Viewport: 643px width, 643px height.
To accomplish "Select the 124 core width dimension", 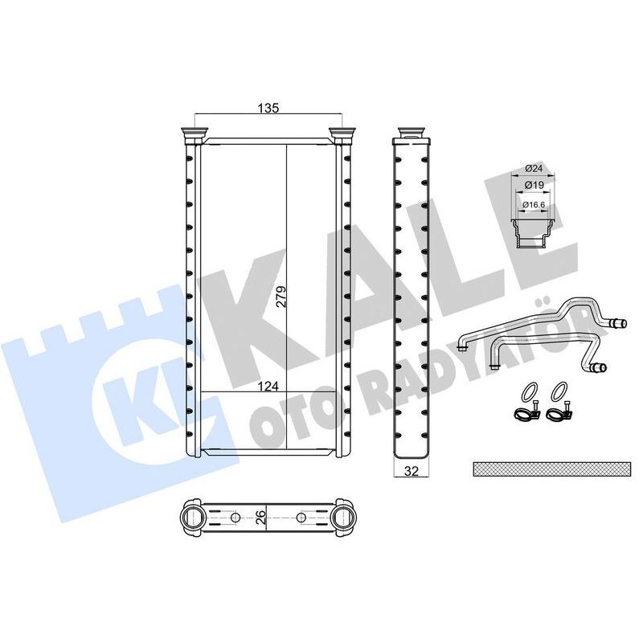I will [268, 387].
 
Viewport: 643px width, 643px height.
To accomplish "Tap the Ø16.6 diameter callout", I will [533, 205].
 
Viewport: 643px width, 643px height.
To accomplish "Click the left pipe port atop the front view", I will [195, 133].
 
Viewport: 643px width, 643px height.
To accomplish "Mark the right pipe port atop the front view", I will [342, 133].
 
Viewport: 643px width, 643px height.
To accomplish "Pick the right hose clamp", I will [556, 416].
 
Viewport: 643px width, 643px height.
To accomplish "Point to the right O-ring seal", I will [558, 392].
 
